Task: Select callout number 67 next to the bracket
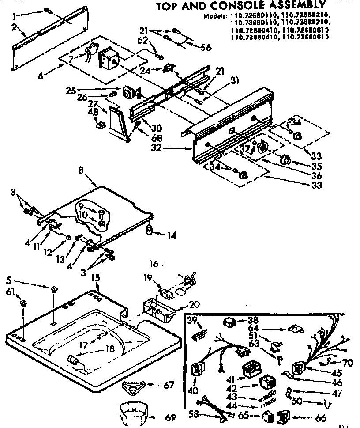tap(169, 385)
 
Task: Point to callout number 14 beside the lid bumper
tap(171, 235)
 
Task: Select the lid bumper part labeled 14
tap(150, 229)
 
